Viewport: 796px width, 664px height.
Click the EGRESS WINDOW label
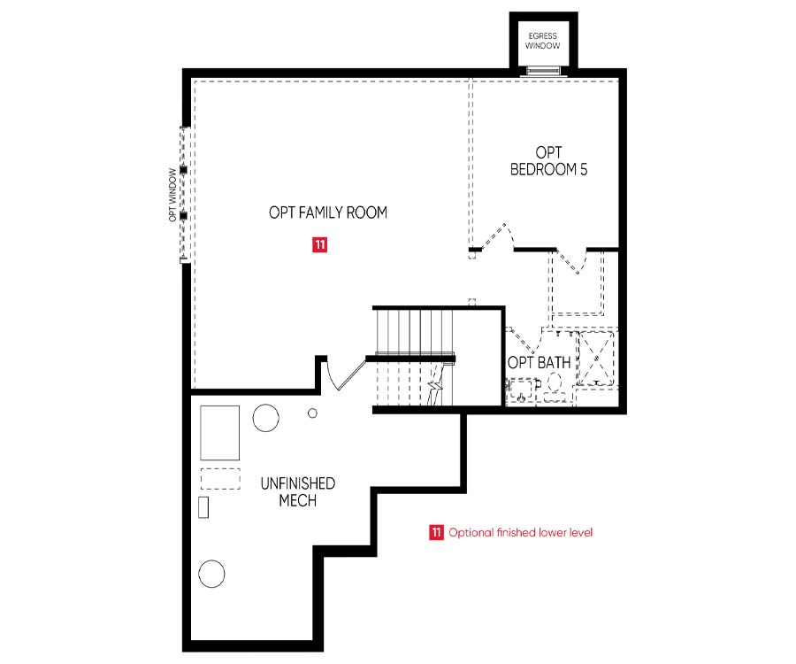(543, 41)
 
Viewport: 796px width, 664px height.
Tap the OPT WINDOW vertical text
(173, 195)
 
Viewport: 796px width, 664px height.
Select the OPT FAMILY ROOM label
(328, 212)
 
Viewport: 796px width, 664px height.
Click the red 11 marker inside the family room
(320, 245)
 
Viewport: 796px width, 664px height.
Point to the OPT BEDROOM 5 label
(548, 161)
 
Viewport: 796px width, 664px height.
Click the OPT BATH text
(540, 363)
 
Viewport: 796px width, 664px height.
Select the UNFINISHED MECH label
(298, 491)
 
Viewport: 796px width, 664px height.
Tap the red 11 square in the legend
(436, 532)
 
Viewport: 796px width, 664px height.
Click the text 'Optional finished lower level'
(521, 532)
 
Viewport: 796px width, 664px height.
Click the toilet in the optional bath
(554, 386)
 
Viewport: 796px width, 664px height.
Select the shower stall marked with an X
(596, 359)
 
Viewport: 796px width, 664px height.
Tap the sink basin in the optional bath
(521, 390)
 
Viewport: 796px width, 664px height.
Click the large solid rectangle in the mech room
(220, 433)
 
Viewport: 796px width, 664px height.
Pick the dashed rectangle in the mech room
(220, 479)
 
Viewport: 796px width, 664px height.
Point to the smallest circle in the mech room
(313, 413)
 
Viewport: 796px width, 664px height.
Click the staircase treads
(414, 357)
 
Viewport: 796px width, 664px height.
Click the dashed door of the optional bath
(523, 340)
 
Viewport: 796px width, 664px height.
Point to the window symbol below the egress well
(543, 70)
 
